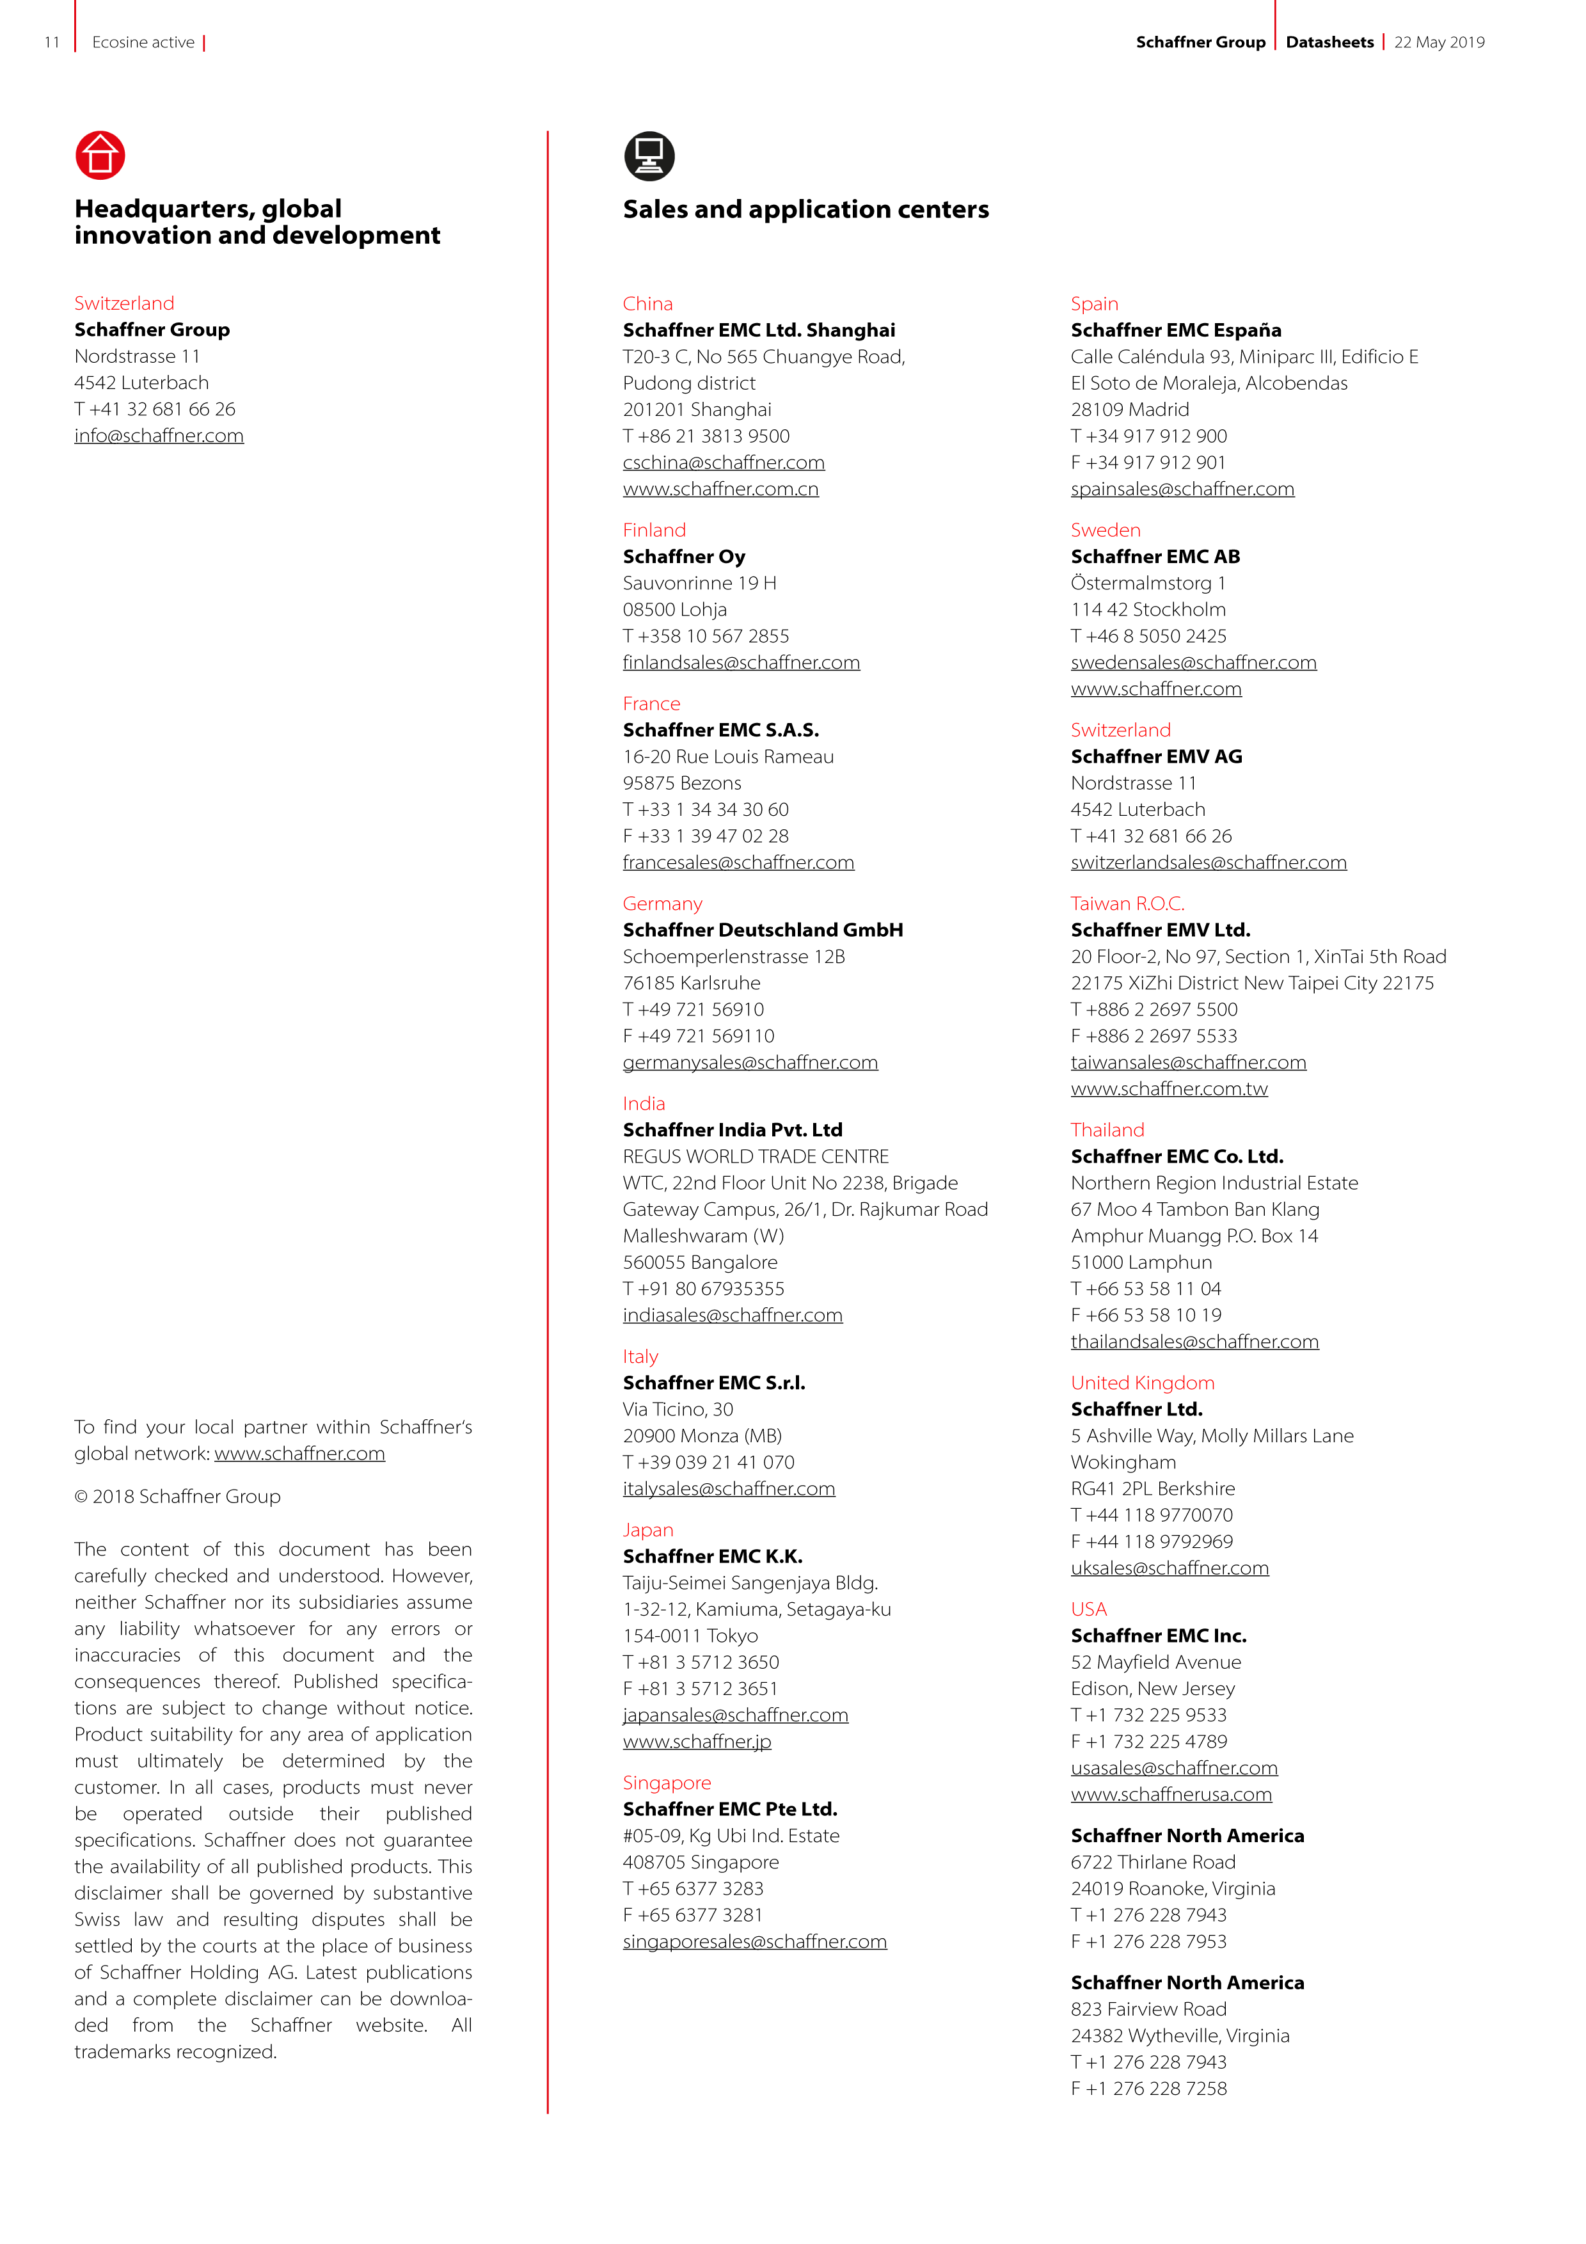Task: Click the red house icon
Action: (x=100, y=155)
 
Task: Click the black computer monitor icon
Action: (x=649, y=155)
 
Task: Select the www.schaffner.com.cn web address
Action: (x=720, y=489)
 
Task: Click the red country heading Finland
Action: (x=654, y=530)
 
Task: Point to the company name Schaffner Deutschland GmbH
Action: (x=762, y=930)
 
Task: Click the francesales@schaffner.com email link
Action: (x=738, y=862)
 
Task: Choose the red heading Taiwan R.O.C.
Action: (x=1127, y=903)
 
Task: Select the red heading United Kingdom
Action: (x=1141, y=1382)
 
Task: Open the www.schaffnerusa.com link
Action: (x=1171, y=1794)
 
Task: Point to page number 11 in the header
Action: (x=52, y=42)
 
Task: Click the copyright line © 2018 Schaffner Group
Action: (x=177, y=1497)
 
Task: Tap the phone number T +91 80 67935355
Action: (x=704, y=1288)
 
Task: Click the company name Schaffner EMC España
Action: (x=1175, y=330)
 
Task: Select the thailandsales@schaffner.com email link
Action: (x=1194, y=1341)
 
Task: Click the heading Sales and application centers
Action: (x=805, y=209)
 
